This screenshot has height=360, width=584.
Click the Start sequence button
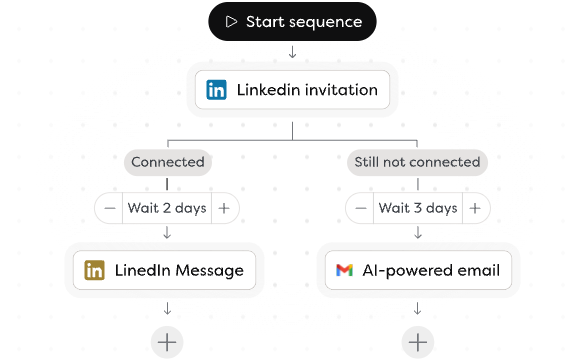292,22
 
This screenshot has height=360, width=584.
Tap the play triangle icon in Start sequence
232,22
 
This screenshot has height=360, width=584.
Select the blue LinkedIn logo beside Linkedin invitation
216,90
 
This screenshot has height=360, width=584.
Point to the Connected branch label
167,161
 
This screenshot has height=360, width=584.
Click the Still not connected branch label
417,161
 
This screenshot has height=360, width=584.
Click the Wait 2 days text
167,208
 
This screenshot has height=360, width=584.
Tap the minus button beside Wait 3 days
360,208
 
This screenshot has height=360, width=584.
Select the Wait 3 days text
418,208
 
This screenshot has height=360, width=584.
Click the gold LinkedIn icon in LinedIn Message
95,270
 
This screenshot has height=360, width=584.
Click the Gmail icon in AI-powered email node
345,270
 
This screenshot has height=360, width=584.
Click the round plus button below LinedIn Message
167,342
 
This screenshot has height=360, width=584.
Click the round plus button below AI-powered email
418,342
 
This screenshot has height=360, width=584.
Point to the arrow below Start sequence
292,52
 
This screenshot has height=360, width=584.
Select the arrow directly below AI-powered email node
418,309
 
